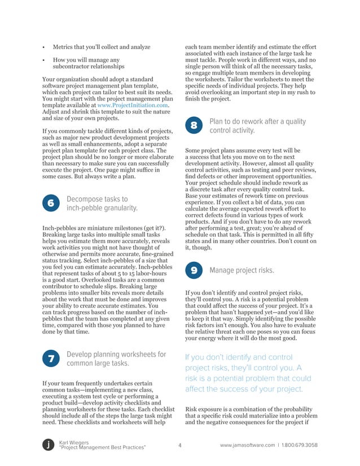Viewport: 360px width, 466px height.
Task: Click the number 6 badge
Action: (51, 204)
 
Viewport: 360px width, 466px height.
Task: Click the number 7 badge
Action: (51, 359)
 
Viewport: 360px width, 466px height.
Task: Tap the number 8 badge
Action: (194, 126)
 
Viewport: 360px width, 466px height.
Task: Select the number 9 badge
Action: (194, 271)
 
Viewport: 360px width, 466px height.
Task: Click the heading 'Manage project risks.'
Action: (242, 271)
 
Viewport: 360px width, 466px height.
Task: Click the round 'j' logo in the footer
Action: (49, 445)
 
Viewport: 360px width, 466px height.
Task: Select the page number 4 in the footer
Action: (179, 445)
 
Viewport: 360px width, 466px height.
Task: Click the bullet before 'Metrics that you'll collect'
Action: (44, 47)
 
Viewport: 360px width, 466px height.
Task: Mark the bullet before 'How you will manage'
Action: (44, 60)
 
